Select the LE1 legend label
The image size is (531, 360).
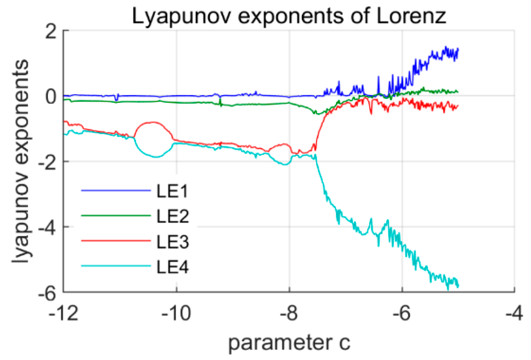(172, 191)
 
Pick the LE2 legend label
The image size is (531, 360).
(172, 216)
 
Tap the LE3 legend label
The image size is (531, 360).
(172, 242)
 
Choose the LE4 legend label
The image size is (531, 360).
(172, 267)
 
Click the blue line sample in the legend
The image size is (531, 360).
(116, 191)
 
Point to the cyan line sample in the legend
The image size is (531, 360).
(116, 266)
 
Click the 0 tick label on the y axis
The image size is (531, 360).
(51, 97)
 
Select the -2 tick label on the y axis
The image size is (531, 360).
(47, 162)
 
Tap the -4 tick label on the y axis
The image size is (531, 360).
(47, 228)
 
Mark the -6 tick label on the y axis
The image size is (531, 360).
(47, 293)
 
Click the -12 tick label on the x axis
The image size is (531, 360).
(64, 313)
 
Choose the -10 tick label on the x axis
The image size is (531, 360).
(176, 313)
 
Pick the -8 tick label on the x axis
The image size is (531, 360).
(289, 313)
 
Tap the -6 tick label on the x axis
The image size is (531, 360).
(402, 313)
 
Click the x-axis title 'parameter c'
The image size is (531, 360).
(289, 343)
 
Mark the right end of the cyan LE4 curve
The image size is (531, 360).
(458, 285)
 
